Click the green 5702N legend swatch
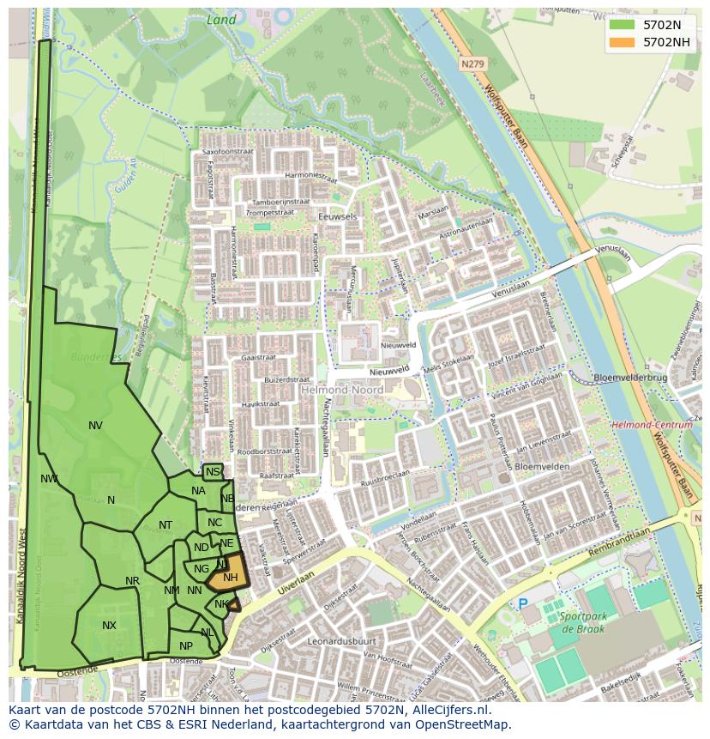coord(622,25)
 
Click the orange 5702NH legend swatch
coord(622,41)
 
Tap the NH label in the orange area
coord(230,578)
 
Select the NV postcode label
coord(95,425)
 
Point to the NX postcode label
coord(109,626)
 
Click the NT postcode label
coord(165,525)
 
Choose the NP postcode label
coord(186,645)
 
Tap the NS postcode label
coord(213,472)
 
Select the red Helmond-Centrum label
coord(652,425)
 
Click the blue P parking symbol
coord(523,604)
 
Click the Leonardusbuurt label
coord(342,640)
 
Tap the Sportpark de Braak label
coord(582,623)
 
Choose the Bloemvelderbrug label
coord(629,378)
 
